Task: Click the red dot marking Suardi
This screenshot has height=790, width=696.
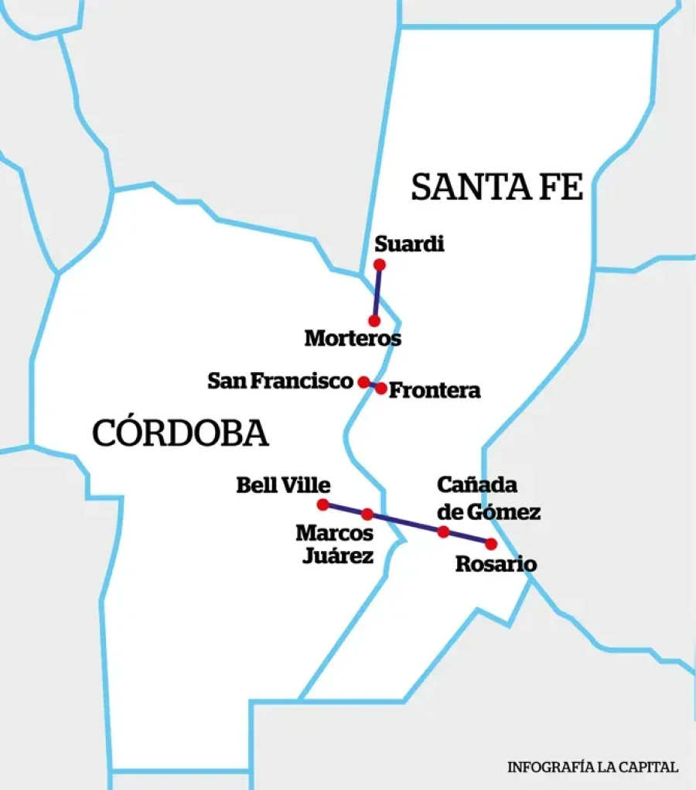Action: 379,265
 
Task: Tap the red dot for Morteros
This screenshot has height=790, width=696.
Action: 374,320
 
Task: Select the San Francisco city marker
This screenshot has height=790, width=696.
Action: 363,381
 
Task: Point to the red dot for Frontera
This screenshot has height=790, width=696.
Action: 381,388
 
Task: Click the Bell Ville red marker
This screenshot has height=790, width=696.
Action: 322,504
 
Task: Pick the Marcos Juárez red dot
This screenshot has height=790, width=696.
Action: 367,514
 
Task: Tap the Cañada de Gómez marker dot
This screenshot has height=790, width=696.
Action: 443,532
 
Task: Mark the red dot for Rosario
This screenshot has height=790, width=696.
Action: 490,544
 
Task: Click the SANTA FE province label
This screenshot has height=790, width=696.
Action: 496,188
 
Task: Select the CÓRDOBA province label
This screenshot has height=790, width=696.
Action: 180,433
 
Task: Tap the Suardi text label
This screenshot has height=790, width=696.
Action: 409,245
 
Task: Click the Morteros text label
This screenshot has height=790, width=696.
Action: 353,339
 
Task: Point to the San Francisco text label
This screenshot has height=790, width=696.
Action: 280,381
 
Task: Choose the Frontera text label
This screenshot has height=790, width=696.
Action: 435,391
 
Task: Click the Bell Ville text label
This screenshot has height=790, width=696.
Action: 283,485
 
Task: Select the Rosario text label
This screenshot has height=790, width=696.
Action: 495,565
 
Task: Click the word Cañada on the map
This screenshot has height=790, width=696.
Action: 476,485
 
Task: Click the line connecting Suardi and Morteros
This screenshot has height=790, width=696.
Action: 377,292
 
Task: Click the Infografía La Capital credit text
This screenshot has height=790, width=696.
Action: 592,768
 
